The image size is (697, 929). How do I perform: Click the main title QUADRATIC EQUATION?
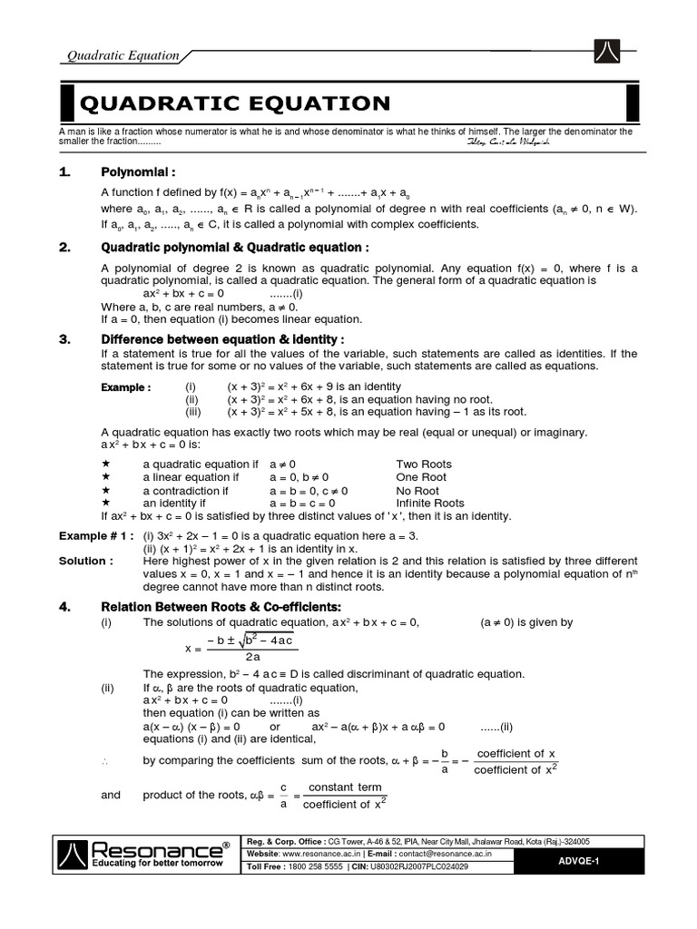236,103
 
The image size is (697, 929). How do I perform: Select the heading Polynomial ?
137,171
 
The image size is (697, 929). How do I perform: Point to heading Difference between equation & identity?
222,338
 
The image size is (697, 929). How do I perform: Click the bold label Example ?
125,387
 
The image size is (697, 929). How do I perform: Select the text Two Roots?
424,464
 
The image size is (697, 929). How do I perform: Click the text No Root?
417,490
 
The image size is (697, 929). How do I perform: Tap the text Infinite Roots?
430,503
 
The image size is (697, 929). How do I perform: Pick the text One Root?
421,476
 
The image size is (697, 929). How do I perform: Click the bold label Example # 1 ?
97,535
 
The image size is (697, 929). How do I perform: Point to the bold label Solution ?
86,561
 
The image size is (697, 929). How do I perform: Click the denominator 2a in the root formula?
252,657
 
